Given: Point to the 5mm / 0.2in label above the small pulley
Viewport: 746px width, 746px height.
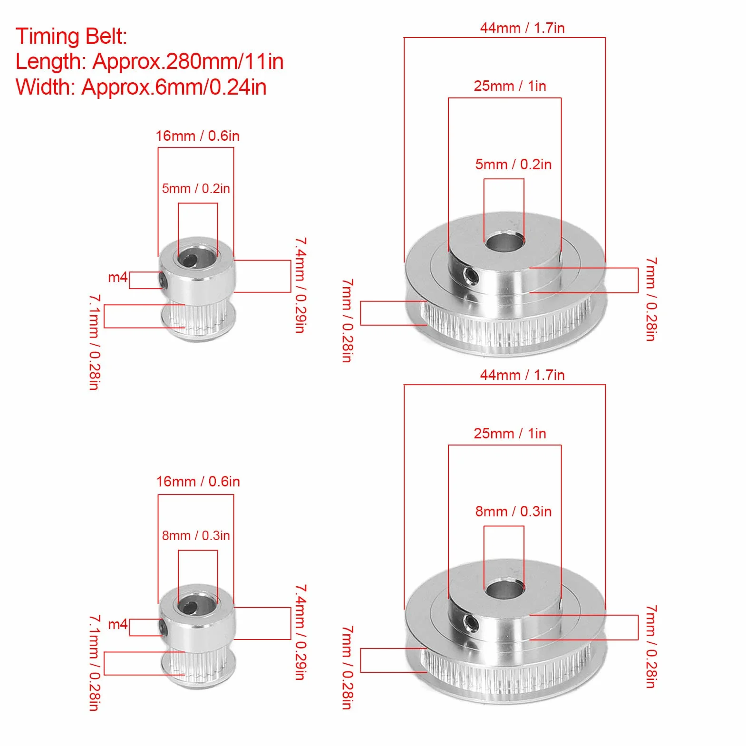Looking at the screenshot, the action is (196, 189).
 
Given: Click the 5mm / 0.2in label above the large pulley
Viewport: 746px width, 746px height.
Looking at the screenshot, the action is (513, 165).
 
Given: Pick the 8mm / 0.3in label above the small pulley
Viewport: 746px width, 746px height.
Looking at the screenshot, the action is (196, 536).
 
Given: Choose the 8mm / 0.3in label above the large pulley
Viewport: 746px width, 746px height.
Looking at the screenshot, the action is (513, 512).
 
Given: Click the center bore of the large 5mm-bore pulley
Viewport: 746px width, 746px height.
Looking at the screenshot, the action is (504, 241).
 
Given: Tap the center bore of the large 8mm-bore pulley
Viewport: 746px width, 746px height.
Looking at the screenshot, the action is (504, 588).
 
